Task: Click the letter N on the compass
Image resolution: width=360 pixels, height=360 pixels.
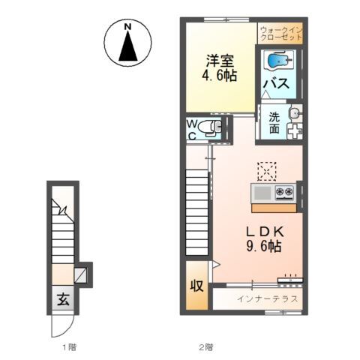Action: click(x=128, y=26)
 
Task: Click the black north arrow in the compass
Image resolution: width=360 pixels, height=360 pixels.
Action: click(x=128, y=46)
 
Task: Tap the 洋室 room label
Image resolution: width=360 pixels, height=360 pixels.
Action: click(x=220, y=60)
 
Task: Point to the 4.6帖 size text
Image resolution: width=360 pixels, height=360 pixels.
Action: click(x=220, y=75)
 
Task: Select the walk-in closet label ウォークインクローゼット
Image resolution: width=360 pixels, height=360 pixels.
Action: click(x=281, y=34)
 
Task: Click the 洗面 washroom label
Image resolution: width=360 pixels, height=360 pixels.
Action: click(x=274, y=123)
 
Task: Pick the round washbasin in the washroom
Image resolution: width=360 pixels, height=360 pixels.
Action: click(x=295, y=113)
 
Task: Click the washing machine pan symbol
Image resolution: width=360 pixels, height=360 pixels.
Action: click(x=295, y=130)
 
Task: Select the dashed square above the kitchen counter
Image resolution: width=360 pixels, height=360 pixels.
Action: click(x=267, y=171)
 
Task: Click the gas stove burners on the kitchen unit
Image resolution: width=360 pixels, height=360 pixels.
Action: click(x=284, y=192)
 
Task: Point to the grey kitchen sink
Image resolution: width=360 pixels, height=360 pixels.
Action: click(x=262, y=193)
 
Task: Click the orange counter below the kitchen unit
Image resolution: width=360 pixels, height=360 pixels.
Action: click(x=274, y=208)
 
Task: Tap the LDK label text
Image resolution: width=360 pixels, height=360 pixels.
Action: click(x=265, y=232)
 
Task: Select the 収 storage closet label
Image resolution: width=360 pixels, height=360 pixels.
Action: click(x=197, y=285)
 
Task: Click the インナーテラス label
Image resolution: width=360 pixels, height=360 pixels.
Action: click(x=268, y=298)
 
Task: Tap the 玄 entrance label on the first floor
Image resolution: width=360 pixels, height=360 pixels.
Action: click(x=63, y=299)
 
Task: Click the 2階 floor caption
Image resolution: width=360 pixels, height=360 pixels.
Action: click(x=205, y=346)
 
